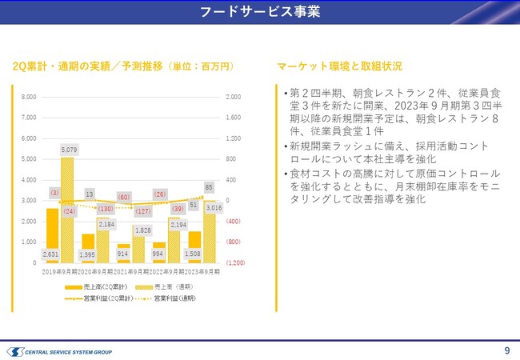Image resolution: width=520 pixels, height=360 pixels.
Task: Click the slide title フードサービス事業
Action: [x=259, y=12]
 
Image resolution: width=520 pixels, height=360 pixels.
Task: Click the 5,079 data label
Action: [x=68, y=149]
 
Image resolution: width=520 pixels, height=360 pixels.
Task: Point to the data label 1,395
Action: [x=89, y=254]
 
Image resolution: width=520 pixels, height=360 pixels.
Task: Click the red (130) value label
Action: [x=105, y=209]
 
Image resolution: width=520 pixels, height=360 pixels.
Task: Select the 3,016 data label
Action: [x=214, y=208]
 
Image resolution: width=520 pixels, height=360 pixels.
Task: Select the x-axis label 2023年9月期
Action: [x=201, y=270]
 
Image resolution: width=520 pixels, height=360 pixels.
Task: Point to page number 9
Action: [x=506, y=350]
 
